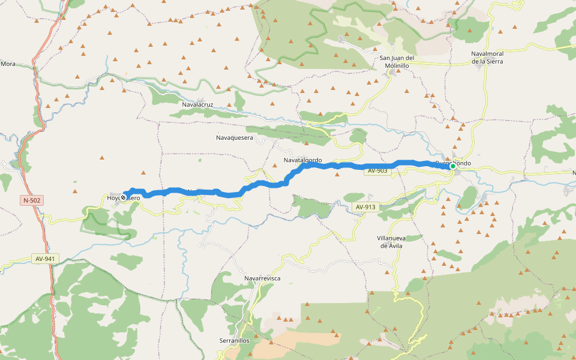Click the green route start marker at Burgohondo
[453, 166]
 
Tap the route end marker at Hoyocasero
[124, 196]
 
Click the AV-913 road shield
[365, 208]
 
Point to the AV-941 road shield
[45, 259]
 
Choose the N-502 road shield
[32, 200]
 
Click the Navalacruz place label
[198, 104]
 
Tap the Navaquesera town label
[235, 138]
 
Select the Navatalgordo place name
[302, 160]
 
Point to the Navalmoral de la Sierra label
[487, 57]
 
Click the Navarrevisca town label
[262, 278]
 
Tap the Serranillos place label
[236, 340]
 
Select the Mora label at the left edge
[8, 63]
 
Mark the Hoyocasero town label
[124, 198]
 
